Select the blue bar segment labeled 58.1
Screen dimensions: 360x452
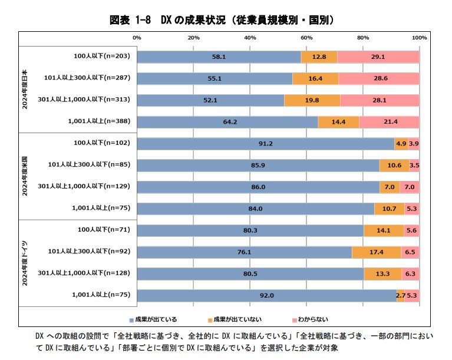(219, 57)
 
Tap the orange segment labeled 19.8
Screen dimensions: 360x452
(312, 100)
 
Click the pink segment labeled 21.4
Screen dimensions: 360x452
(389, 122)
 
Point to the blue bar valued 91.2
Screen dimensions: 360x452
(265, 144)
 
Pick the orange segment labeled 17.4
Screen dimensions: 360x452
(377, 252)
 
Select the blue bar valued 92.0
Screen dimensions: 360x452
(266, 295)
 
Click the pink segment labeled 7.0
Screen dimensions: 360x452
(410, 187)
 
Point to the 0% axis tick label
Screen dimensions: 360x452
(137, 38)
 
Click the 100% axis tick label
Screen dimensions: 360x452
(418, 38)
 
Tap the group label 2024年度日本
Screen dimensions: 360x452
(25, 89)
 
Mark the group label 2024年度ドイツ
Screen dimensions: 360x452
(25, 262)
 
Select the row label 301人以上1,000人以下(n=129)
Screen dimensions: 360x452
(85, 186)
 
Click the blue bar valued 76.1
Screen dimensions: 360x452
(244, 252)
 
